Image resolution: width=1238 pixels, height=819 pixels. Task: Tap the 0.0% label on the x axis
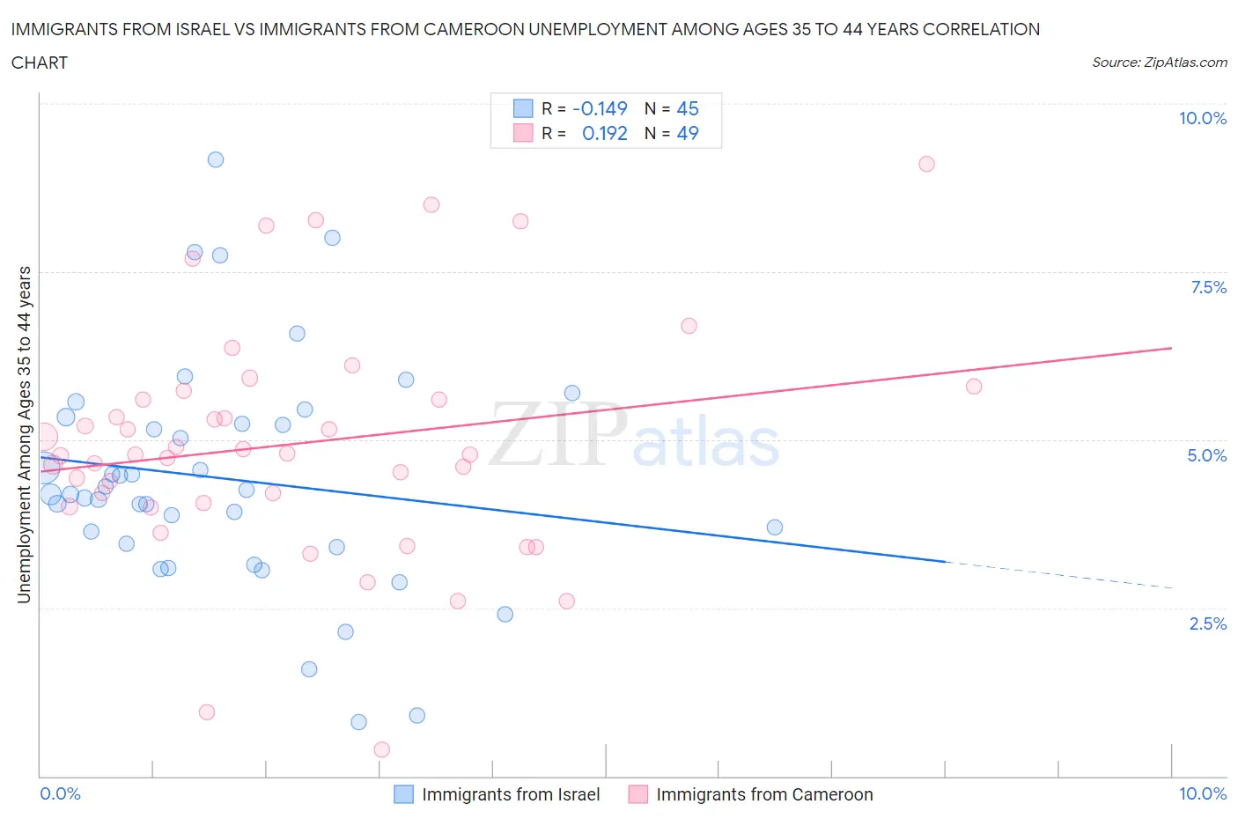60,793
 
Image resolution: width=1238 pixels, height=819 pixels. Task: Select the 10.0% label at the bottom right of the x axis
1203,793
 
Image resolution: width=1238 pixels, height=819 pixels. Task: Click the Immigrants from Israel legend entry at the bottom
511,794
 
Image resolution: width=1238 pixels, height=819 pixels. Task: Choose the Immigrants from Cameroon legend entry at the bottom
764,794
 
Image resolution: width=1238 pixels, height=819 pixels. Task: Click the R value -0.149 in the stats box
600,108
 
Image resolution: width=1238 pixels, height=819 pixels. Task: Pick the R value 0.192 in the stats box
605,133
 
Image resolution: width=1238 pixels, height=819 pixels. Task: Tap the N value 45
688,108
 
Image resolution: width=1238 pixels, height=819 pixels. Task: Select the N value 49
688,133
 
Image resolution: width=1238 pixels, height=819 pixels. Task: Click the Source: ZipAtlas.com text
1160,63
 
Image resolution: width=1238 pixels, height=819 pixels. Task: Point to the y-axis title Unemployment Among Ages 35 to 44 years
24,435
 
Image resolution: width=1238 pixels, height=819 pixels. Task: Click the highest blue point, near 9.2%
216,159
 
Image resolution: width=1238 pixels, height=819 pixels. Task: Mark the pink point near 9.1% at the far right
926,164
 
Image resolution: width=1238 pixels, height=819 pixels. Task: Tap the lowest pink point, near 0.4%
382,749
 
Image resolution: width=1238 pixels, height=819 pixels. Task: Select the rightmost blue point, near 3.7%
775,528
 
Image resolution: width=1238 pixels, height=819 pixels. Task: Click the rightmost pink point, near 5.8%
974,387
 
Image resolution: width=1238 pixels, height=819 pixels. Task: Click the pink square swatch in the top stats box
523,133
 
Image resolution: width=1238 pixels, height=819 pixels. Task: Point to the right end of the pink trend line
1172,348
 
